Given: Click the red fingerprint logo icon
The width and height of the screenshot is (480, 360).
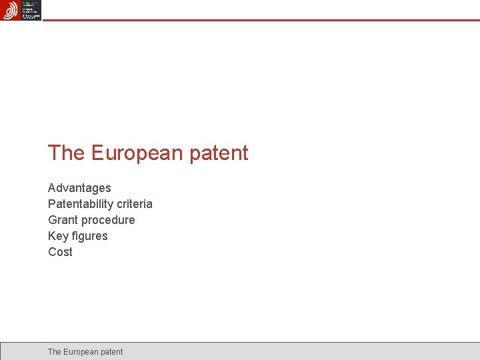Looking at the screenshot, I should coord(11,10).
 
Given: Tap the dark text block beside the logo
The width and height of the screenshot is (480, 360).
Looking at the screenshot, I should coord(31,10).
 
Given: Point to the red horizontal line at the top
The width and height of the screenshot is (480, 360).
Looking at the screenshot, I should coord(260,20).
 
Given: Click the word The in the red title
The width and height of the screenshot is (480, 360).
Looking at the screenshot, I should coord(66,153).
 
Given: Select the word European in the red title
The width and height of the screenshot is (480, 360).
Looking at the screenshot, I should coord(137,153).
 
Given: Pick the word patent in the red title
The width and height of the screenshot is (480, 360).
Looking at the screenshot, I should coord(219,153).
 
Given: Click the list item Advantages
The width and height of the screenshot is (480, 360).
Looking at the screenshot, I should coord(79,188).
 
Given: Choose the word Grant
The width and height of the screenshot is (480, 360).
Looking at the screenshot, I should coord(63,220).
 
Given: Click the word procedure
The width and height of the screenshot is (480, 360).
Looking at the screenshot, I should coord(108,220).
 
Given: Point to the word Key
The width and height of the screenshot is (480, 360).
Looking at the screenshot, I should coord(58,236).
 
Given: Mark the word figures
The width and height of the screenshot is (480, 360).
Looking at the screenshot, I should coord(89,236).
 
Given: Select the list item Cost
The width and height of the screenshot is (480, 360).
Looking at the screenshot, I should coord(60,252).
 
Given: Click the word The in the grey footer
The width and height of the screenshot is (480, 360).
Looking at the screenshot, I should coord(55,351).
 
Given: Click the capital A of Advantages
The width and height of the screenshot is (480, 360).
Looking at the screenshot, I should coord(52,188).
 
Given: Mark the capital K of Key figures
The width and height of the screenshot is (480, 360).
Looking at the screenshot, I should coord(52,236).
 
